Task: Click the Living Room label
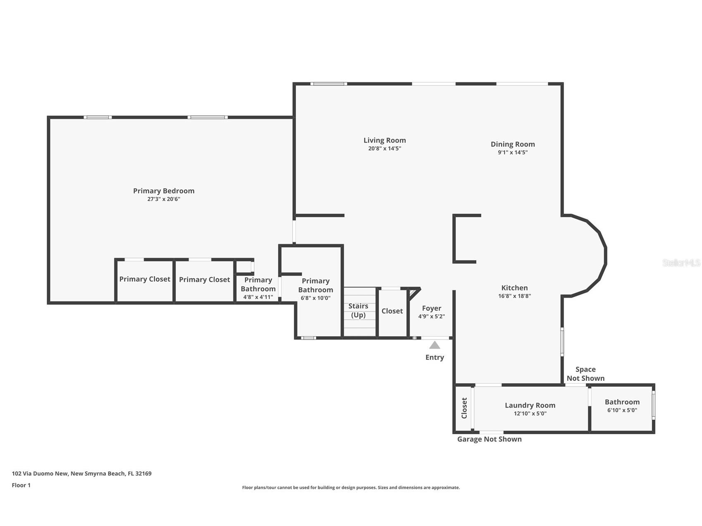[x=385, y=140]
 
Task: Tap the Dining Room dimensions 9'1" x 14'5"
[x=513, y=152]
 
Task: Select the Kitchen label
[x=514, y=288]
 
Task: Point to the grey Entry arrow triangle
[x=434, y=345]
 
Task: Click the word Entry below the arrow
[x=434, y=357]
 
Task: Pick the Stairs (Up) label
[x=358, y=310]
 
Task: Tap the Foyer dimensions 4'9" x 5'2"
[x=431, y=316]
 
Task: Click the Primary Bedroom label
[x=164, y=191]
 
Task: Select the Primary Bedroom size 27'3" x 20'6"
[x=164, y=199]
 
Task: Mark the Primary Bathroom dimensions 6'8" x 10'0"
[x=315, y=298]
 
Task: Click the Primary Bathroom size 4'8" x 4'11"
[x=258, y=297]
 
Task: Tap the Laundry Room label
[x=530, y=405]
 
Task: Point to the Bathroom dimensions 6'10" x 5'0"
[x=622, y=410]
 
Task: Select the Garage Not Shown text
[x=489, y=439]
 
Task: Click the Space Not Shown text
[x=585, y=374]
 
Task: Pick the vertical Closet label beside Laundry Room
[x=464, y=408]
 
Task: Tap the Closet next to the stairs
[x=392, y=311]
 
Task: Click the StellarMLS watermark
[x=681, y=263]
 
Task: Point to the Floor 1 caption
[x=21, y=485]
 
